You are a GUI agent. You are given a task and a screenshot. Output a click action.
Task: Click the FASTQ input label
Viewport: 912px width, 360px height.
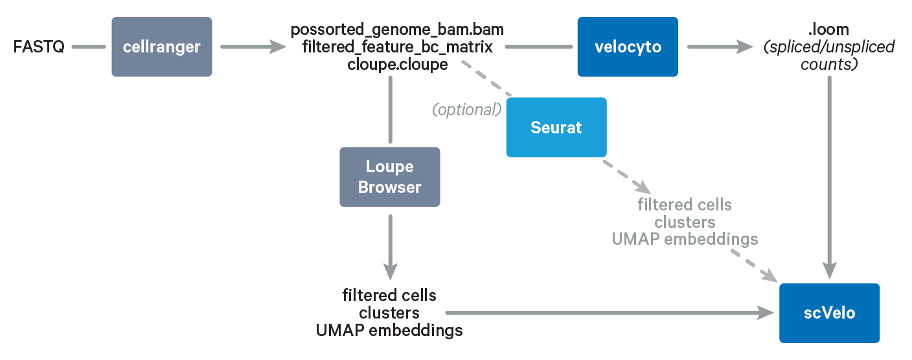(39, 47)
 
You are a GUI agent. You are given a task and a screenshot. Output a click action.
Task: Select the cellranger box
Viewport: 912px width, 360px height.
(161, 47)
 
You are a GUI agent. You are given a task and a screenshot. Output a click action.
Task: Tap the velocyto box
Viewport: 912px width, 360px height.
(627, 47)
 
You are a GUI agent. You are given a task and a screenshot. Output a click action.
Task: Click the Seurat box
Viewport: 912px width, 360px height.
(556, 128)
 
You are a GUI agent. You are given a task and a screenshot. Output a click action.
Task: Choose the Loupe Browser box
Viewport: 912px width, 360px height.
(389, 177)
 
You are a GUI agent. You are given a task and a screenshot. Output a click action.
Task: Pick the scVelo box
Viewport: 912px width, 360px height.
(829, 313)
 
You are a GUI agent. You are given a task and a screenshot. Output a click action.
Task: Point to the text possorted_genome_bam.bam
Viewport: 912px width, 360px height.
(397, 30)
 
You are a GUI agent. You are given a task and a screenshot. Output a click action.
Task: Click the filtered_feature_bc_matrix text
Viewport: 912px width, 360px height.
(397, 47)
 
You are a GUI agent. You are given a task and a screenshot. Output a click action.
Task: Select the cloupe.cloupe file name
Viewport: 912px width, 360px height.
(397, 64)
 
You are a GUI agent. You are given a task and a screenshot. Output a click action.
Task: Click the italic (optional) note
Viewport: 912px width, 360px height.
(467, 109)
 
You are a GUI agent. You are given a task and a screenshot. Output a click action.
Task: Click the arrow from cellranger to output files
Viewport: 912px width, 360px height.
(253, 47)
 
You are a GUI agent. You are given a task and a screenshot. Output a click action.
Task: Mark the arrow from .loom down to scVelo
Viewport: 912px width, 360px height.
(829, 175)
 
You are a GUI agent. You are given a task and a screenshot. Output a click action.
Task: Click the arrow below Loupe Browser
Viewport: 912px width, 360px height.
(389, 246)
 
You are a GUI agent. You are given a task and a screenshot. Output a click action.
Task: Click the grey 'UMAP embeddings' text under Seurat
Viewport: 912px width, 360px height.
(685, 240)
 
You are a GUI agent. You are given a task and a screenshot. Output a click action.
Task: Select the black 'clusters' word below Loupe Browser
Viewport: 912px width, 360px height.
(389, 313)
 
